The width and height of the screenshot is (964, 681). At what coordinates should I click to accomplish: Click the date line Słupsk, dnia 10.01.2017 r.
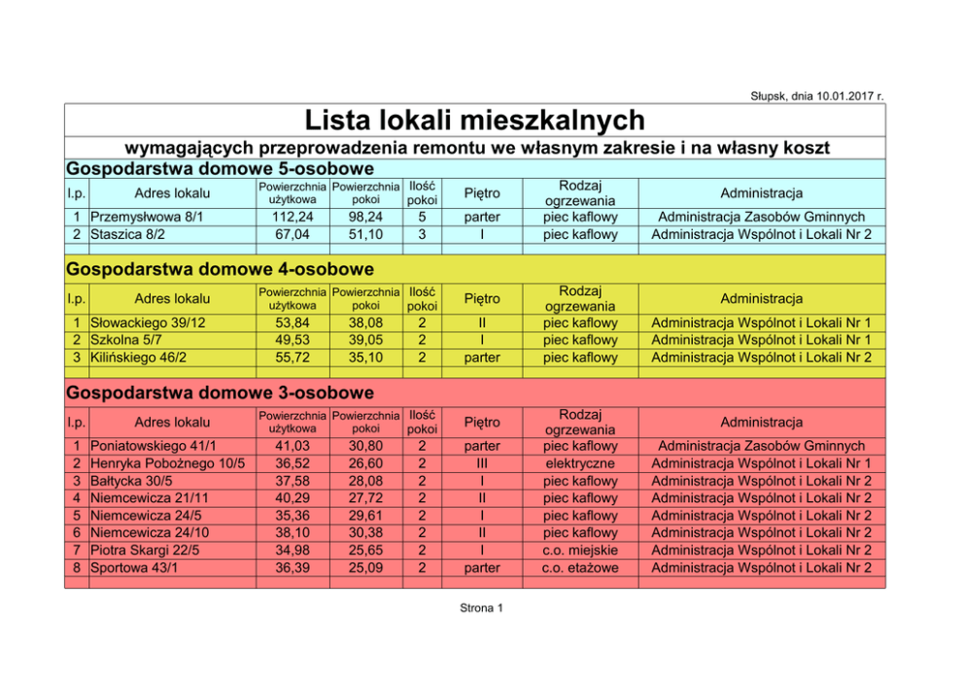(816, 95)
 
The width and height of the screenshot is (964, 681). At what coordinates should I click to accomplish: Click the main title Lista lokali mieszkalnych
(475, 120)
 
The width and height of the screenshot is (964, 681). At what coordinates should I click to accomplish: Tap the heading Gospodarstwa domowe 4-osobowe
(220, 268)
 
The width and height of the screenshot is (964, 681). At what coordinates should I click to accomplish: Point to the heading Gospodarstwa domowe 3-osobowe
(220, 392)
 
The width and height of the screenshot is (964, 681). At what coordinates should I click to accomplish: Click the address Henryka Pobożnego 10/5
(167, 463)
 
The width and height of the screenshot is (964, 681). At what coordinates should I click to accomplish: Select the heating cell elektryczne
(579, 463)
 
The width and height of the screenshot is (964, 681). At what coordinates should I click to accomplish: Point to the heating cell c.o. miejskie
(579, 550)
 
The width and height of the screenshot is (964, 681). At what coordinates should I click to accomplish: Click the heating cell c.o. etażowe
(579, 567)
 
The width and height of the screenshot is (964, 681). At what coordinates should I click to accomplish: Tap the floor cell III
(482, 463)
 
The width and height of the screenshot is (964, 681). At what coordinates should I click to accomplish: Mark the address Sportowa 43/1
(131, 567)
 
